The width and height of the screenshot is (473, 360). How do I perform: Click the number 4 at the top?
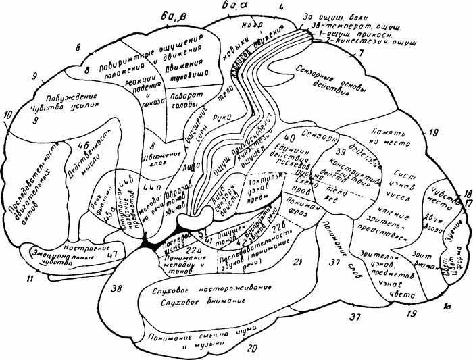pos(280,7)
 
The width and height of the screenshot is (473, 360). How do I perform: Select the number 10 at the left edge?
pos(7,116)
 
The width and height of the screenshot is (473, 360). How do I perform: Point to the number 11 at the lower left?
pos(30,297)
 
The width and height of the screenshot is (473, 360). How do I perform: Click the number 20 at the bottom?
pos(253,349)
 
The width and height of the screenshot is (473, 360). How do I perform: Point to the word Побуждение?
pos(69,93)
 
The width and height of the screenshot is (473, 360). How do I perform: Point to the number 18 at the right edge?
pos(466,193)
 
